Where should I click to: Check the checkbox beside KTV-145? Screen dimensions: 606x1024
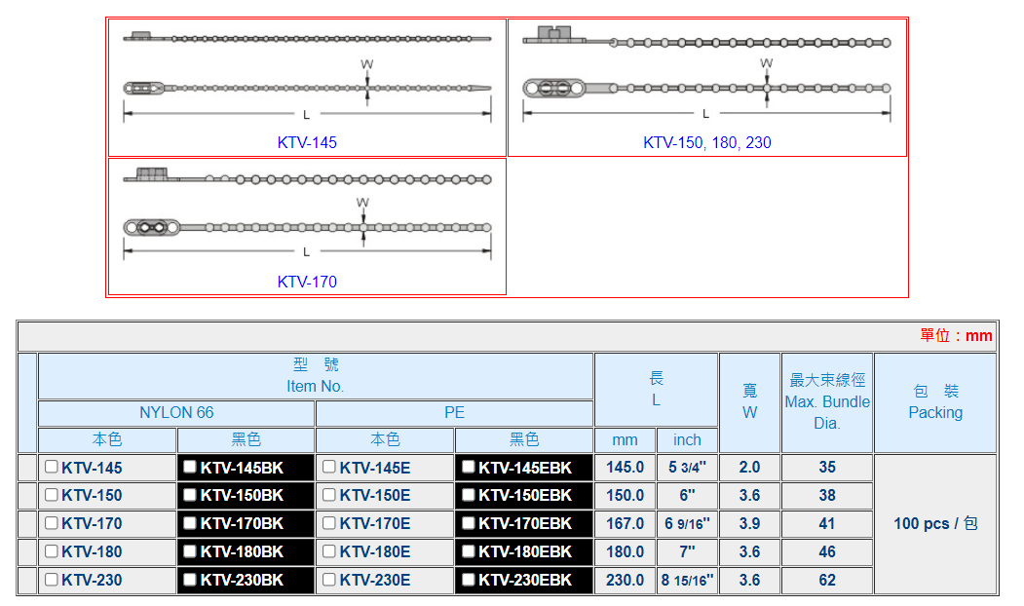tap(52, 467)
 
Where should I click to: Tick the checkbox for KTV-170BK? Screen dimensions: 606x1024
tap(190, 523)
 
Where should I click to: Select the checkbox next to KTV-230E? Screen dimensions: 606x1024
tap(329, 580)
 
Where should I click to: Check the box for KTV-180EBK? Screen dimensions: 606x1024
tap(469, 551)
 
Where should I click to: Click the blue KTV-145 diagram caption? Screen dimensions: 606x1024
tap(307, 142)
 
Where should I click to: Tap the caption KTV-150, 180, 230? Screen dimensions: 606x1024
tap(706, 142)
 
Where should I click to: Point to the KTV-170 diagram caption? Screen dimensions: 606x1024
tap(307, 282)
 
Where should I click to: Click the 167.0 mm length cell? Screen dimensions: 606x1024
tap(626, 523)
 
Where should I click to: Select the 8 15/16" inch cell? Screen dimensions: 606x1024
tap(687, 580)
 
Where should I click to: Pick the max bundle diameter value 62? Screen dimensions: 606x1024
tap(827, 580)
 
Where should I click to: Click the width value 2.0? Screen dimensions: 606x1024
tap(749, 468)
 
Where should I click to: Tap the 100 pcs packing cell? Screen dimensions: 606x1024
tap(935, 523)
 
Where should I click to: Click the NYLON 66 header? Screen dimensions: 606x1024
tap(176, 413)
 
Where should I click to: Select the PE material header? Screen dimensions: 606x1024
tap(454, 413)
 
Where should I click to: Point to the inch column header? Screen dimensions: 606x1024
tap(687, 440)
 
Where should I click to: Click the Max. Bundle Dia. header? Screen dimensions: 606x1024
tap(827, 402)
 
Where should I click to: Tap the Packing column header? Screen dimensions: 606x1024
tap(935, 401)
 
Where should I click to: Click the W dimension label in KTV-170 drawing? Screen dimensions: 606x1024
tap(362, 203)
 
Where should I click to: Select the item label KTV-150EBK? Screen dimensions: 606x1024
tap(525, 496)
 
